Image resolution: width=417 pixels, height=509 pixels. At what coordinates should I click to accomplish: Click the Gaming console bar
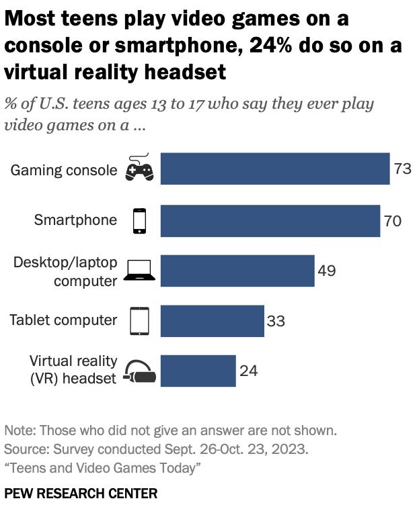275,169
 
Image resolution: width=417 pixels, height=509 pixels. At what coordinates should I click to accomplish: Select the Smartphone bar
270,220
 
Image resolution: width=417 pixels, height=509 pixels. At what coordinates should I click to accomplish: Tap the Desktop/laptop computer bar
237,271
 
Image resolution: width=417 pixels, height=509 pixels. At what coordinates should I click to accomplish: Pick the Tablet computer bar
213,320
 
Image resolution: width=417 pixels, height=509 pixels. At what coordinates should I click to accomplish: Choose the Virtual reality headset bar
198,371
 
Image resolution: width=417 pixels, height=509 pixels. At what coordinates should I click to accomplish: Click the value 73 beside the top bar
402,169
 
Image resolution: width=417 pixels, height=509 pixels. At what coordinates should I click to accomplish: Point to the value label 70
392,220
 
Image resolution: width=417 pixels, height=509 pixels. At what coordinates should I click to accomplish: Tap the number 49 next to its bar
326,271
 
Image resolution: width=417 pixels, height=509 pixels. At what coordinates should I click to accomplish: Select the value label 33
276,321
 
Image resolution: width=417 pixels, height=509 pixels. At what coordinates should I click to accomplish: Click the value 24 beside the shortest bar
248,371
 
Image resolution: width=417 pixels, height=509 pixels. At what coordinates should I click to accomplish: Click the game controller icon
140,169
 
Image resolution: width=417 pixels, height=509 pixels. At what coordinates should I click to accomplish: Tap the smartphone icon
139,220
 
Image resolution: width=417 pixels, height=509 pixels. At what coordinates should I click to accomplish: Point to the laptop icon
139,270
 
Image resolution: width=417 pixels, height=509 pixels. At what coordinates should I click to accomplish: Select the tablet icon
139,320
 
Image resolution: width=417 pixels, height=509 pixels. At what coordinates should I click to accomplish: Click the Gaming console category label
64,170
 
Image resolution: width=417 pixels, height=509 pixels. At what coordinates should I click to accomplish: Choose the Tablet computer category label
63,320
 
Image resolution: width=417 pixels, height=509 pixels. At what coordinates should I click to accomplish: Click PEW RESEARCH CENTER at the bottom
81,494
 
